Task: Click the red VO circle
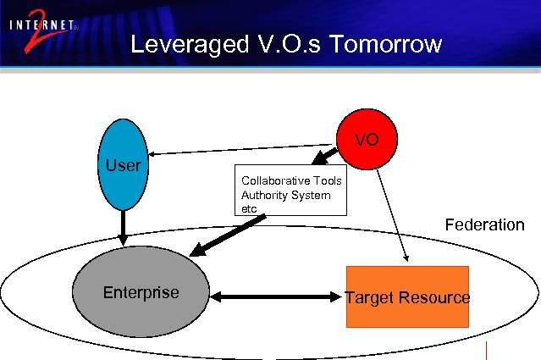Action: tap(367, 139)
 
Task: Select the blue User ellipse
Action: tap(123, 165)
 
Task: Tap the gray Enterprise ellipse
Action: tap(141, 293)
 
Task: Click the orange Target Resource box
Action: tap(406, 297)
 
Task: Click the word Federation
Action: tap(484, 224)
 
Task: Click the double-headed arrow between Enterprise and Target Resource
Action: tap(276, 296)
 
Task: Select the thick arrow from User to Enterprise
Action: tap(123, 224)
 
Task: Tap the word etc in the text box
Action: tap(249, 208)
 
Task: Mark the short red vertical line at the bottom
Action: tap(488, 350)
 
